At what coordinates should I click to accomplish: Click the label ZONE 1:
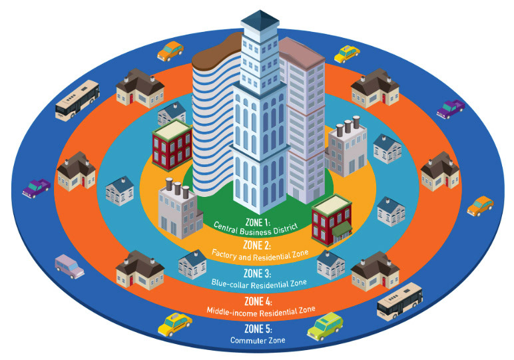258,223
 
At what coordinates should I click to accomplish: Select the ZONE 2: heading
257,245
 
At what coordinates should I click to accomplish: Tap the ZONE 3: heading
257,273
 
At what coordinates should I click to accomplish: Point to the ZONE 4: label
258,301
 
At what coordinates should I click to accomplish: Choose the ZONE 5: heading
258,329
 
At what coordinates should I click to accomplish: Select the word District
286,228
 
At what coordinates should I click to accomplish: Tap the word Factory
224,254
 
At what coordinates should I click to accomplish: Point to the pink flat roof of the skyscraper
301,53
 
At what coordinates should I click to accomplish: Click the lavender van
69,267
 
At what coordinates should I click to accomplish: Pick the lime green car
325,326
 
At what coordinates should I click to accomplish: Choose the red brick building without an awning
172,145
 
